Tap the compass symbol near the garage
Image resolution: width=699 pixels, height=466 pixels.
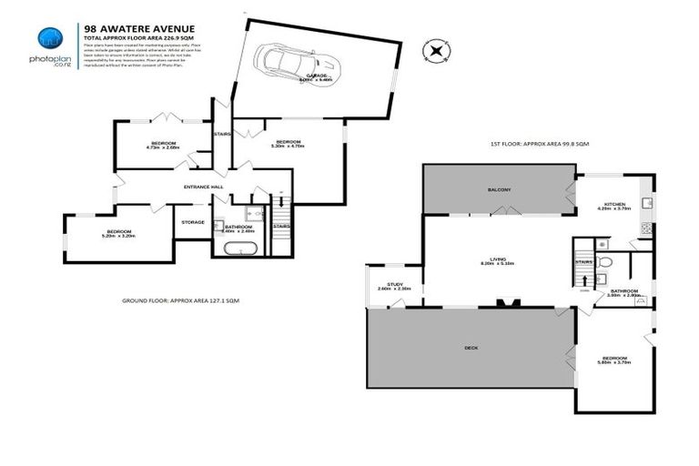(x=439, y=51)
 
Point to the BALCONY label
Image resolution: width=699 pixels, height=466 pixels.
(x=498, y=189)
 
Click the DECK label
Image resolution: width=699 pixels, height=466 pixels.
(x=471, y=348)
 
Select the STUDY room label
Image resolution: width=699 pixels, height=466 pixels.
(x=394, y=286)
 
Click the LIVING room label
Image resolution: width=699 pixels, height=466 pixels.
(x=498, y=261)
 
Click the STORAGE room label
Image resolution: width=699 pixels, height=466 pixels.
(x=192, y=221)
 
